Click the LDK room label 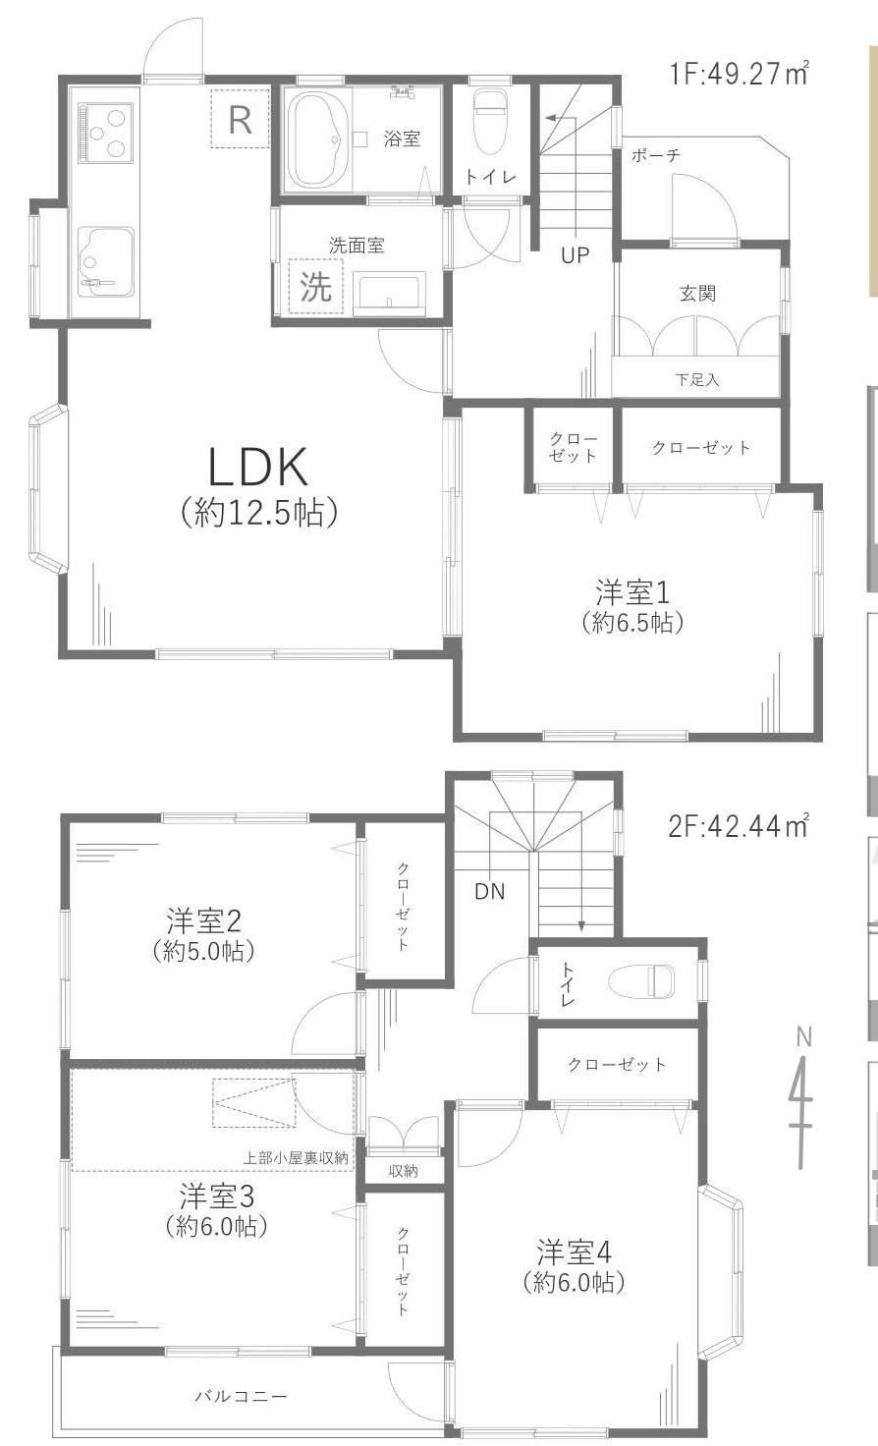(x=257, y=467)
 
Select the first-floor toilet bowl (x=489, y=122)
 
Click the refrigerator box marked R (x=241, y=119)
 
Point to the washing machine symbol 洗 (x=315, y=286)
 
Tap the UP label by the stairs (x=575, y=255)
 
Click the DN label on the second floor (x=490, y=892)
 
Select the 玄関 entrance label (x=698, y=294)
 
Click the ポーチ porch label (x=656, y=155)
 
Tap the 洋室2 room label (x=204, y=920)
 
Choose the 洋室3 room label (x=217, y=1196)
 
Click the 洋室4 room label (x=575, y=1252)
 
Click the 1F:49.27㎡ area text (x=739, y=74)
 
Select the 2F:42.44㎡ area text (x=739, y=825)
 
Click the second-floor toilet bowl (x=641, y=981)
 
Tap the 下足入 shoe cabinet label (x=697, y=379)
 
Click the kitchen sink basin (x=105, y=261)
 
